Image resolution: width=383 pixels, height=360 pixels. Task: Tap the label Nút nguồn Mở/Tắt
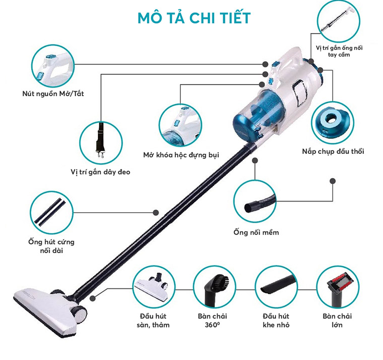(53, 94)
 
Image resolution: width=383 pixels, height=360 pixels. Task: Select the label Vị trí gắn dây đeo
(100, 172)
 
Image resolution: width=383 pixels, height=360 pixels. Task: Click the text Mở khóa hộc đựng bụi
(181, 155)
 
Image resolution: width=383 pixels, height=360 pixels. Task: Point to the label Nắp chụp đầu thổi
(333, 151)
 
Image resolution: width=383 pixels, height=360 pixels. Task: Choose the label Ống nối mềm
(256, 232)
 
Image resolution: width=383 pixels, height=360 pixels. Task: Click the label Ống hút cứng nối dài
(51, 246)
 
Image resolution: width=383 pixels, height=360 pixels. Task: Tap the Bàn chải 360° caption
(212, 320)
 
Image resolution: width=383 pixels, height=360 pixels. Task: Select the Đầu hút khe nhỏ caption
(276, 320)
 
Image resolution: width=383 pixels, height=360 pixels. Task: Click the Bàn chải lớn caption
(337, 320)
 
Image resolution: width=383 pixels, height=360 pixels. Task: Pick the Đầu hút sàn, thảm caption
(153, 320)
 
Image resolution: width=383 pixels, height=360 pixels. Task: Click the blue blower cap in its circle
(332, 122)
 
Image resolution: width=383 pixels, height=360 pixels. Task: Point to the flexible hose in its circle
(260, 202)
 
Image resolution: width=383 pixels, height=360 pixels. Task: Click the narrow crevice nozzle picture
(279, 284)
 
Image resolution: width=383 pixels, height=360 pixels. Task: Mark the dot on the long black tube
(156, 213)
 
